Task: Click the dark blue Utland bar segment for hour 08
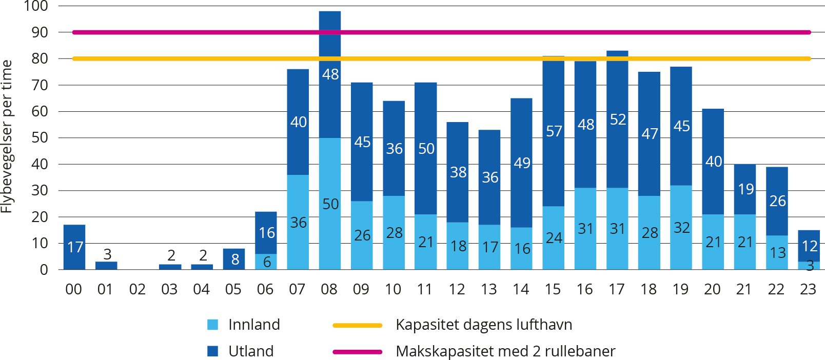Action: (330, 97)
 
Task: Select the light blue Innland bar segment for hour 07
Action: (298, 241)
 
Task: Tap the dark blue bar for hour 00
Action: (74, 247)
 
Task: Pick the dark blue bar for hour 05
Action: (234, 259)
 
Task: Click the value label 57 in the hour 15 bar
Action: (554, 131)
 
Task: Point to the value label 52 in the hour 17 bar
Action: (618, 119)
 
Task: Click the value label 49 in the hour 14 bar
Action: (522, 163)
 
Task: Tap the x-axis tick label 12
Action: (457, 290)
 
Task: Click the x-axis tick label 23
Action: (808, 290)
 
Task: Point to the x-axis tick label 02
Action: (137, 290)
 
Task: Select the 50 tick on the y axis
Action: (40, 137)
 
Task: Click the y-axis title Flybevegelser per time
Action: (7, 136)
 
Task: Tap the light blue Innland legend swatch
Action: (212, 325)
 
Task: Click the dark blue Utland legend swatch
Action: (212, 351)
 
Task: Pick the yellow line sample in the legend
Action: (358, 325)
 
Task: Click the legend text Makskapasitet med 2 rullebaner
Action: (505, 351)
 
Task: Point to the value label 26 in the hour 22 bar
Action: (777, 201)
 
